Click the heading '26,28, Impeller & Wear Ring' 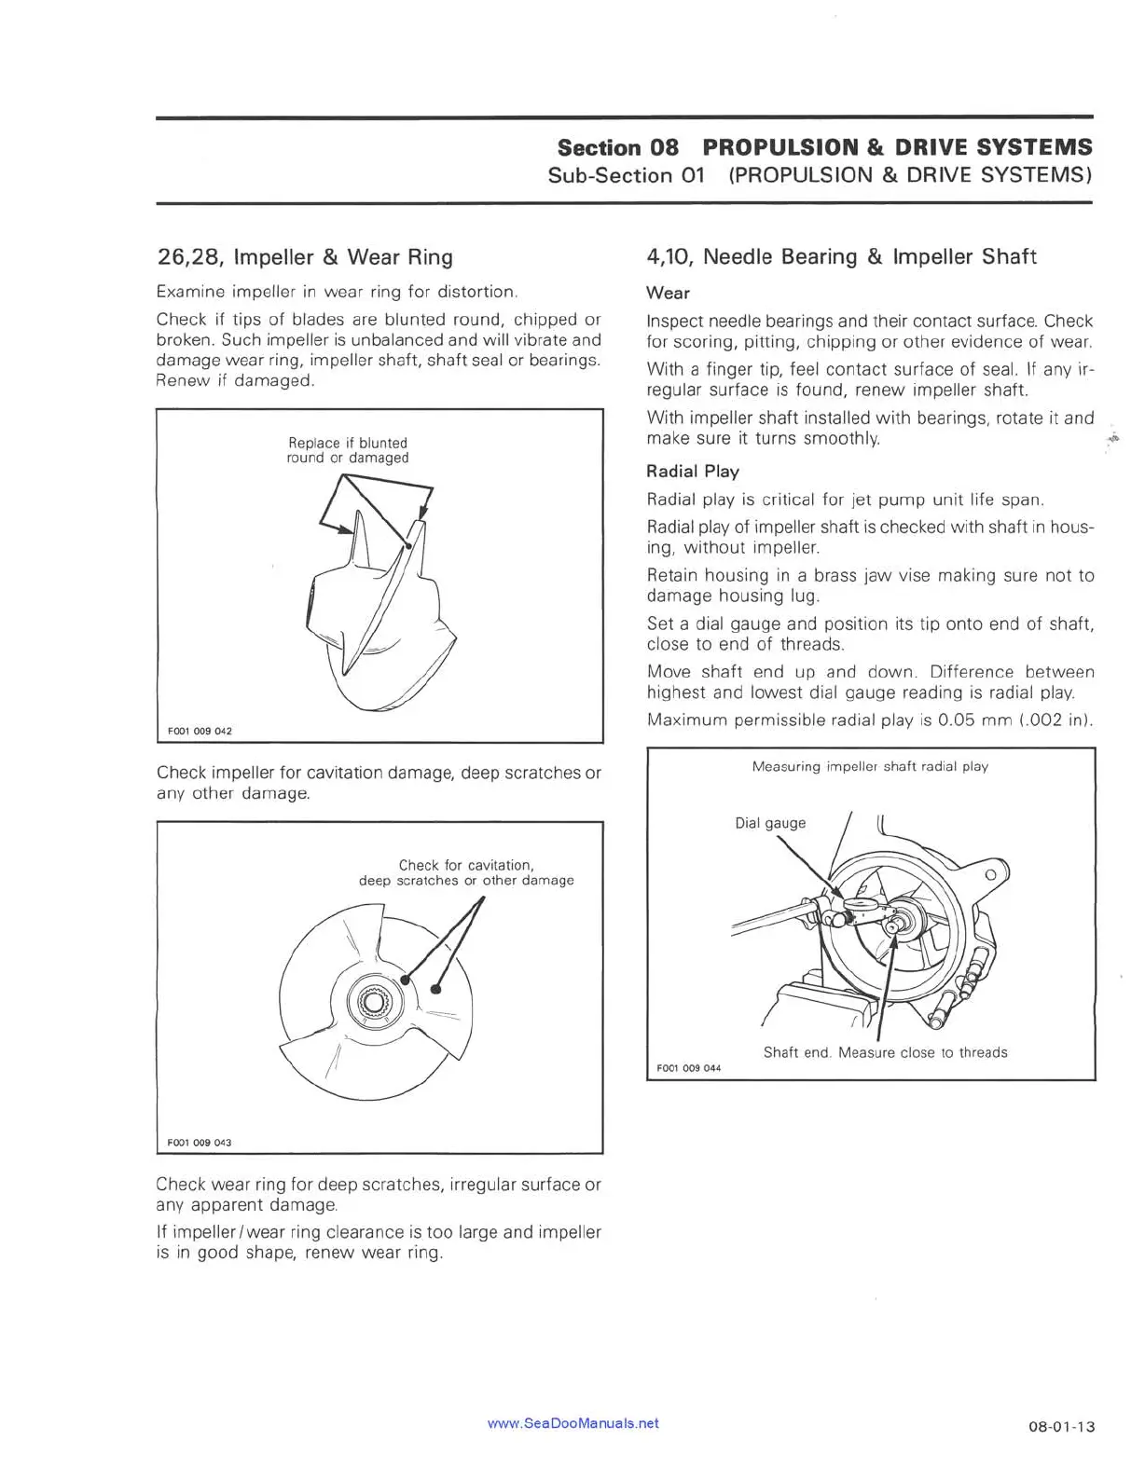tap(304, 257)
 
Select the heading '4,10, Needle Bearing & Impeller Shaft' tap(841, 257)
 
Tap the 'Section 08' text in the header tap(618, 147)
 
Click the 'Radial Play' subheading tap(692, 472)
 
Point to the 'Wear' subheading tap(668, 293)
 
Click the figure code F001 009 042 tap(200, 731)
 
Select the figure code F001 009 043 tap(200, 1142)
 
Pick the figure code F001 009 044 tap(688, 1068)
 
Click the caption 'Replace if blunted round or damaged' tap(348, 450)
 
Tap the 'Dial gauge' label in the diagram tap(770, 823)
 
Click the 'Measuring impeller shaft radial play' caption tap(870, 766)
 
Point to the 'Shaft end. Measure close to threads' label tap(885, 1052)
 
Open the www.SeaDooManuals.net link tap(572, 1423)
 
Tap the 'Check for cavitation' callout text tap(466, 865)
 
